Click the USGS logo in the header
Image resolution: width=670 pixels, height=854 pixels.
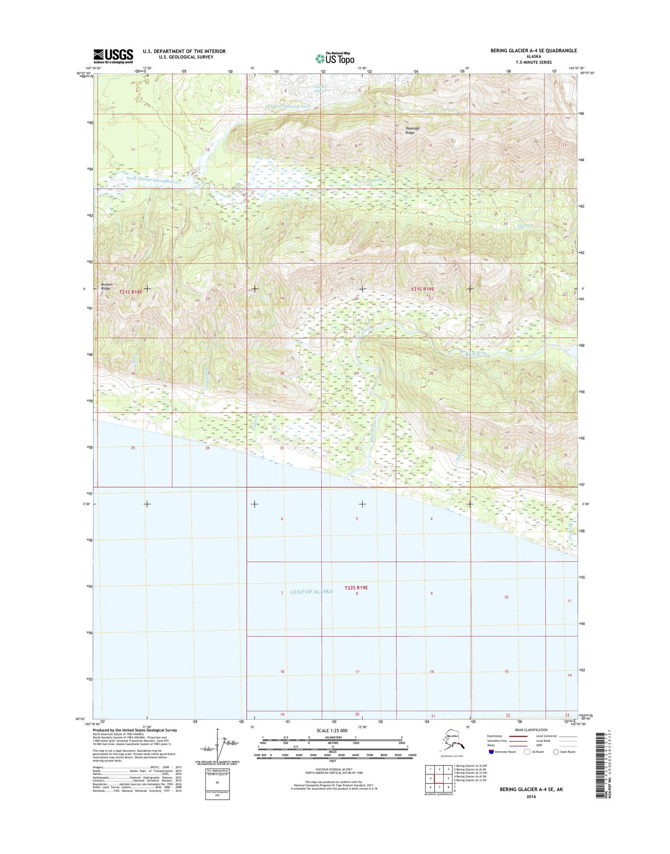coord(113,56)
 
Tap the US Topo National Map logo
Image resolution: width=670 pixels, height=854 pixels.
coord(335,58)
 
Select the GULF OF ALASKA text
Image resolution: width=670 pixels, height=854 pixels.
coord(311,592)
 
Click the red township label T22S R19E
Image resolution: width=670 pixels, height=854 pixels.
coord(356,587)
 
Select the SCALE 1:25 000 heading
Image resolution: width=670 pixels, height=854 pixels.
coord(332,731)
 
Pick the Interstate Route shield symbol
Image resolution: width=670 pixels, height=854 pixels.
coord(491,752)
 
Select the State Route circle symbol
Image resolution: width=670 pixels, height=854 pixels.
coord(556,752)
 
